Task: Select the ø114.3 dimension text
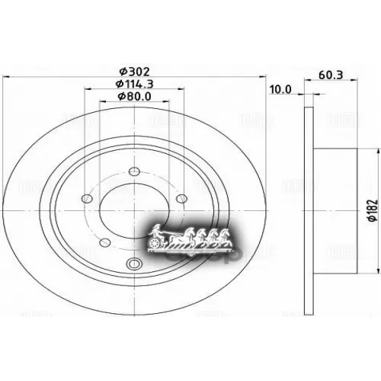point(134,82)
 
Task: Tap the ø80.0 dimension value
point(134,96)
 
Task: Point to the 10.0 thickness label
point(281,89)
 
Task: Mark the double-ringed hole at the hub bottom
point(136,264)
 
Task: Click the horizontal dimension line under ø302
point(134,75)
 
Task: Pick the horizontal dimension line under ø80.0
point(134,104)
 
